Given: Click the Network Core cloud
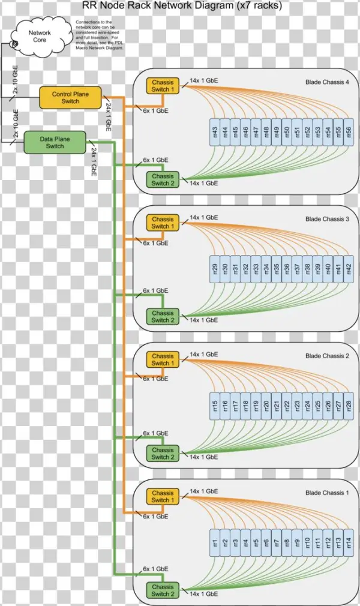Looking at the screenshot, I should tap(41, 36).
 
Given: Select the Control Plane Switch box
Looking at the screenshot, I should tap(70, 98).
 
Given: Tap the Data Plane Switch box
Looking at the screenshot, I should tap(55, 142).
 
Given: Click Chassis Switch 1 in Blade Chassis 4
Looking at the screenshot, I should tap(163, 86).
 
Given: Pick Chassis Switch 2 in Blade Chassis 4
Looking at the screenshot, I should tap(163, 179).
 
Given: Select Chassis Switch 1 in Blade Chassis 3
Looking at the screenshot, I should tap(163, 223).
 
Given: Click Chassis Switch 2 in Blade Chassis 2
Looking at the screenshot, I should tap(163, 453).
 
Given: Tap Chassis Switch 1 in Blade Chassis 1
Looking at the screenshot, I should tap(163, 496).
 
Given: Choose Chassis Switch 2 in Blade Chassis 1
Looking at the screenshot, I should tap(163, 590).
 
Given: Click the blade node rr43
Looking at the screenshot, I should tap(215, 133).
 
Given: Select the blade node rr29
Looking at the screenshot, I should tap(215, 269).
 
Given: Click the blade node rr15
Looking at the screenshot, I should tap(215, 406).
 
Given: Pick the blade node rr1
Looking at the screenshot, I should tap(215, 543).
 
